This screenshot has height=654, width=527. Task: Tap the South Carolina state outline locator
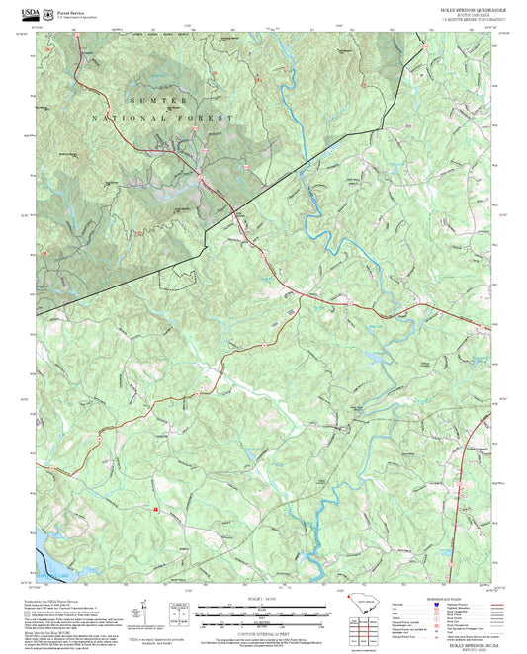coord(367,610)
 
